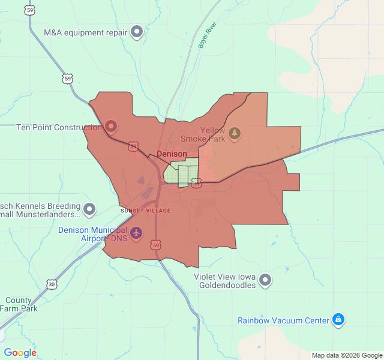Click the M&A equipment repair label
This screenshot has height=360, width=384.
(x=86, y=32)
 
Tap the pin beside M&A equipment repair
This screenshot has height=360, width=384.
(x=137, y=31)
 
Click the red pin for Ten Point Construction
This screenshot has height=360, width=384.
(x=110, y=126)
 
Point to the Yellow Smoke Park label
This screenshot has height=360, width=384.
(x=213, y=134)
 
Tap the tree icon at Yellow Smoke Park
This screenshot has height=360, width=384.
(x=235, y=132)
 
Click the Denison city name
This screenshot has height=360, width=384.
(x=172, y=154)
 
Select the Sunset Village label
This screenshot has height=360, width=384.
(x=146, y=211)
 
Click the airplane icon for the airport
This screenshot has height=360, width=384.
(x=136, y=232)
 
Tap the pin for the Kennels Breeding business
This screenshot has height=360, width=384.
(x=89, y=209)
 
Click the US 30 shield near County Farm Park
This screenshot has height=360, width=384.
(x=52, y=284)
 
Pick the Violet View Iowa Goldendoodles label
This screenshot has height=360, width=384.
(x=225, y=281)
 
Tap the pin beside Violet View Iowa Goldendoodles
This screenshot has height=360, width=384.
(x=265, y=280)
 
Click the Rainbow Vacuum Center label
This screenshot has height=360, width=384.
(x=283, y=320)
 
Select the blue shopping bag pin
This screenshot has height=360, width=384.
(x=338, y=320)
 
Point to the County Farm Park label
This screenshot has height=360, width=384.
(x=21, y=304)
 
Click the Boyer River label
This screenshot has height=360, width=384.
(x=207, y=35)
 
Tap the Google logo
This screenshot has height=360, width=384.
(x=20, y=353)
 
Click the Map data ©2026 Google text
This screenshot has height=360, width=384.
(x=346, y=355)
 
